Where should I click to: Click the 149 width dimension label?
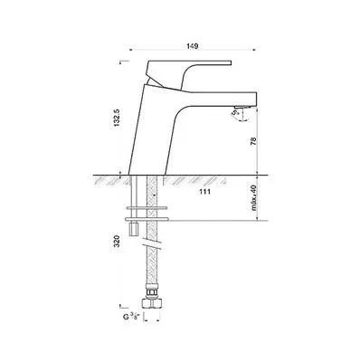[192, 46]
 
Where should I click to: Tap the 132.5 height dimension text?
[118, 118]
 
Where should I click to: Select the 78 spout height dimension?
[253, 141]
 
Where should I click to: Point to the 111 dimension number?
[205, 192]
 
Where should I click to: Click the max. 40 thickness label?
[254, 198]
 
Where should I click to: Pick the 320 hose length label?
[118, 242]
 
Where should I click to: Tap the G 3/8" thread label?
[130, 317]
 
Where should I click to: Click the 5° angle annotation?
[234, 113]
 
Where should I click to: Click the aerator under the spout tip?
[242, 108]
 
